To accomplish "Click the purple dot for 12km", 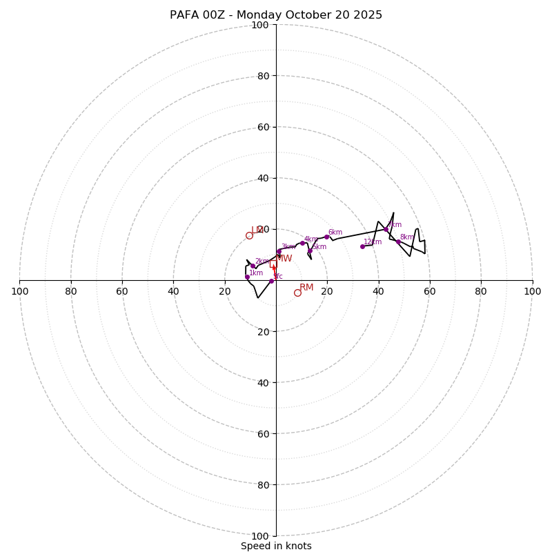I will pos(362,246).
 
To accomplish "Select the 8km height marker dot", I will pos(398,241).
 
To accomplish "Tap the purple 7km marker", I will pos(386,229).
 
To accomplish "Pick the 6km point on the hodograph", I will pos(326,237).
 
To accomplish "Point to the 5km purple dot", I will pos(310,250).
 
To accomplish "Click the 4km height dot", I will pos(302,243).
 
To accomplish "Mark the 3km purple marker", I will pos(279,251).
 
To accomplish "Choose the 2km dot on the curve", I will pos(253,266).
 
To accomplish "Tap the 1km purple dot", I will pos(247,277).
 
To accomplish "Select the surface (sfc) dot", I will pos(271,281).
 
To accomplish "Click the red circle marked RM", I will pos(297,293).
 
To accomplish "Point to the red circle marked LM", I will pos(249,235).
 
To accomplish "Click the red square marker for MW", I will pos(274,266).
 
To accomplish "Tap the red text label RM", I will pos(306,287).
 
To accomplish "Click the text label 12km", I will pos(373,241).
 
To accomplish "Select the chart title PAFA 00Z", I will pos(276,15).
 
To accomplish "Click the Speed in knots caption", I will pos(276,546).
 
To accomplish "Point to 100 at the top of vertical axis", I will pos(259,25).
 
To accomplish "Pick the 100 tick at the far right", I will pos(532,291).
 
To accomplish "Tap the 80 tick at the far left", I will pos(71,291).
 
